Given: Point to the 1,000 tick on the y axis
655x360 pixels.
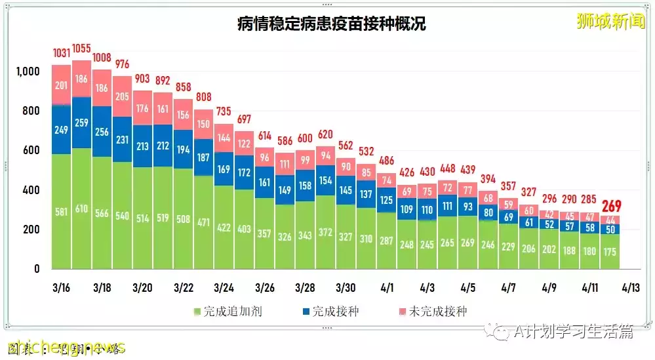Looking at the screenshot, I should click(x=28, y=71).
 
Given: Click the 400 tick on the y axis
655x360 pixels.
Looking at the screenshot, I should click(x=32, y=190).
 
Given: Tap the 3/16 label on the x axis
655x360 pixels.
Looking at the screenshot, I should click(x=61, y=288).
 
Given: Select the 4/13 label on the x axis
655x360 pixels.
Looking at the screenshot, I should click(x=631, y=288).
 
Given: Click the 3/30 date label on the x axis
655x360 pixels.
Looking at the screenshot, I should click(x=346, y=288).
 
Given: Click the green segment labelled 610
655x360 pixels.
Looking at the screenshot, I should click(x=81, y=209).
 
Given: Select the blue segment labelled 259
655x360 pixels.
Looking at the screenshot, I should click(x=81, y=122).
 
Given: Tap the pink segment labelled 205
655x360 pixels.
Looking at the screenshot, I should click(x=122, y=96).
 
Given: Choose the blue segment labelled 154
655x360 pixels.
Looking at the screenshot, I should click(x=325, y=180).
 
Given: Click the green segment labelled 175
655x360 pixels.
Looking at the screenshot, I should click(x=610, y=252).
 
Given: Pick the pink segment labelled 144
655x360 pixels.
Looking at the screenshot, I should click(x=224, y=138).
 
